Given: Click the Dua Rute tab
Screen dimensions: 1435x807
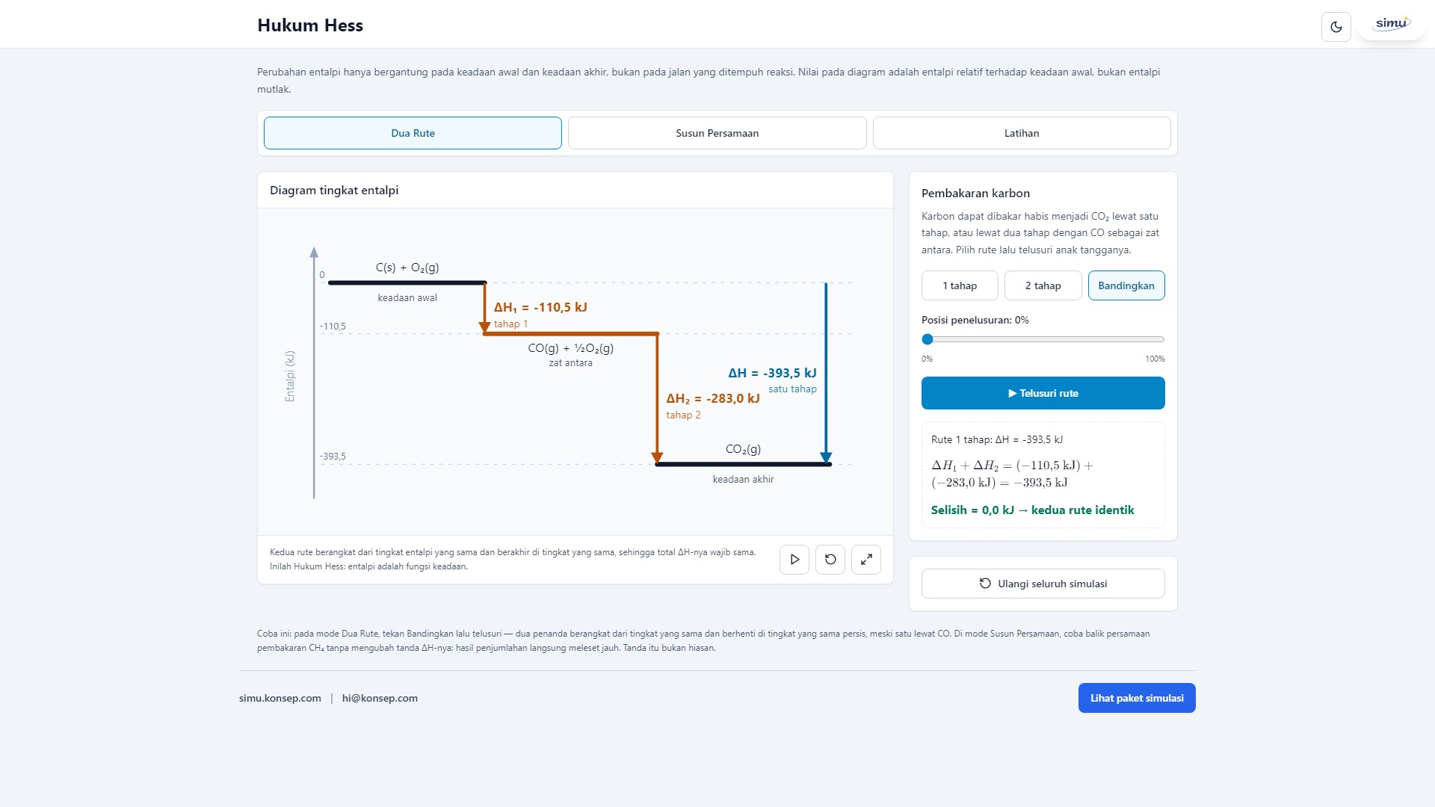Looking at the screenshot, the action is pos(413,133).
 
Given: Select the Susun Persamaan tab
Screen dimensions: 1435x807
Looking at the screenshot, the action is pos(717,133).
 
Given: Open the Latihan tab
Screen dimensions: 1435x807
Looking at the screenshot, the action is pos(1022,133).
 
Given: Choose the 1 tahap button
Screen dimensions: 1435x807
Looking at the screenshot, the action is pos(960,285).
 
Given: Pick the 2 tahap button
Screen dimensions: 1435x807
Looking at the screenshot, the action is pos(1043,285).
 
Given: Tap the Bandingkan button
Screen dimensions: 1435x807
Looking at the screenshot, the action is pos(1126,285).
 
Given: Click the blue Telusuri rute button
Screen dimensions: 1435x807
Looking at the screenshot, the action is pos(1043,393).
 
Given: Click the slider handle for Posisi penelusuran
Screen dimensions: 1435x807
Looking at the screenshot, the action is pos(928,339).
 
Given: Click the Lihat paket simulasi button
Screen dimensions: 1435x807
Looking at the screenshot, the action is pos(1137,698).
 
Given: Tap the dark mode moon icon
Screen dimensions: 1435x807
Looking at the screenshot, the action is pos(1336,27).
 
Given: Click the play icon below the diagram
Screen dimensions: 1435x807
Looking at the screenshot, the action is pos(794,560).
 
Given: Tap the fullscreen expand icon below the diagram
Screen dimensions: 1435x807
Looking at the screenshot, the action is pos(866,560).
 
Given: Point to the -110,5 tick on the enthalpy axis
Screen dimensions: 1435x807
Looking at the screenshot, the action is pos(333,327).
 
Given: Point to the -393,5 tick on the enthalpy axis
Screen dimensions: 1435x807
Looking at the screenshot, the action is pos(333,457).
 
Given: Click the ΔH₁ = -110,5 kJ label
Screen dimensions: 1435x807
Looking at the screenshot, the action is pos(540,307).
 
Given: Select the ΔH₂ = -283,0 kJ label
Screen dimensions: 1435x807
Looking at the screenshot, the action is pos(713,398).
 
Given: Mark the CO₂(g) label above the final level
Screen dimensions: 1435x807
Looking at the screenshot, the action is pos(743,449).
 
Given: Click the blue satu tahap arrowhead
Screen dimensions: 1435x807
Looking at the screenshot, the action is pos(826,457).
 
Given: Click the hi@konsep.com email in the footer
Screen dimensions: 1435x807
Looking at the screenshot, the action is pos(380,698).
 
